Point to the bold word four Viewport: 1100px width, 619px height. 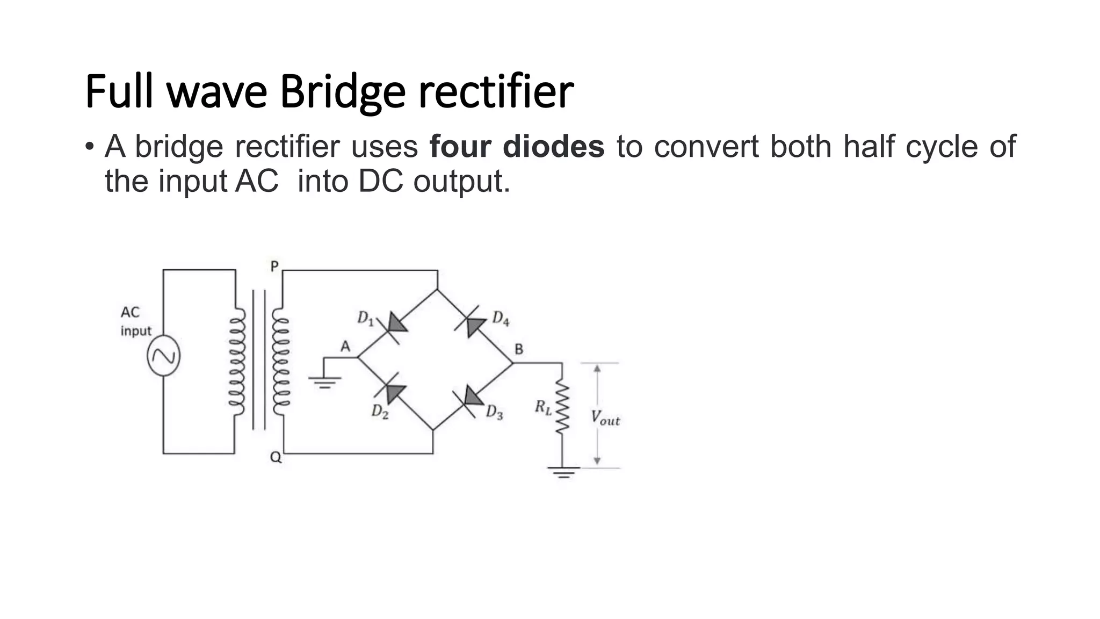tap(460, 146)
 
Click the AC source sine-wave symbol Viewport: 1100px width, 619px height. tap(163, 356)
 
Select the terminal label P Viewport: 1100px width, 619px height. tap(274, 266)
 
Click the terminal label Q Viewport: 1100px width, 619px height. tap(276, 457)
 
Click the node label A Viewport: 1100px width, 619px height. tap(345, 347)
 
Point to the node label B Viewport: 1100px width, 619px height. tap(519, 349)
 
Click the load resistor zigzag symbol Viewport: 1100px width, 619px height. tap(562, 407)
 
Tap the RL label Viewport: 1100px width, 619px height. tap(542, 407)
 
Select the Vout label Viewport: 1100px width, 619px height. tap(605, 418)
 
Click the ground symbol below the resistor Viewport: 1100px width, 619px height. tap(563, 472)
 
